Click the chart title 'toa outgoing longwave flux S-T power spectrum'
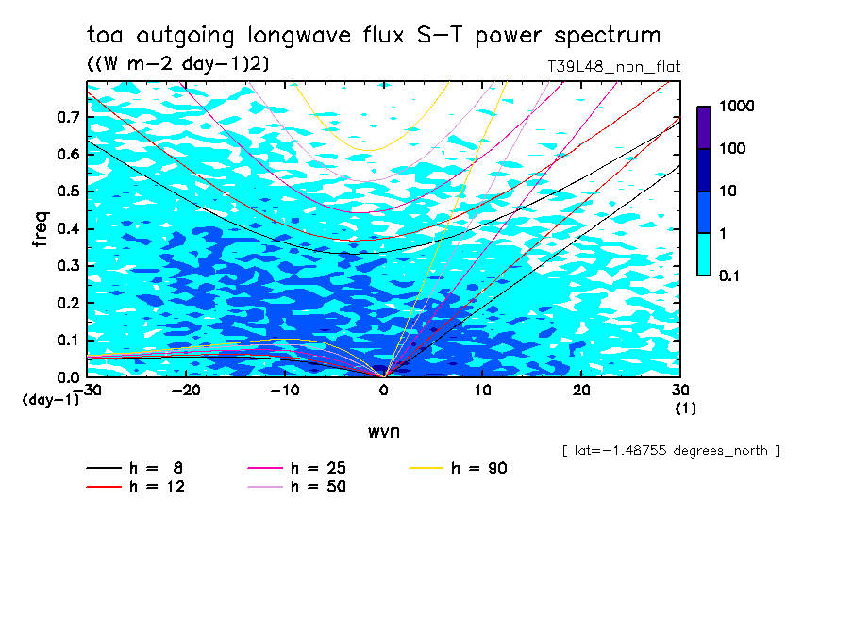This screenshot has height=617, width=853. pos(374,36)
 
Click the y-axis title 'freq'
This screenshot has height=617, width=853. pos(41,229)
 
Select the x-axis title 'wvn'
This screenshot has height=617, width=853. pos(382,431)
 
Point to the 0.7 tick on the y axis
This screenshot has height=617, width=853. pos(69,118)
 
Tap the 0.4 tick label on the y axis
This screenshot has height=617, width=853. pos(69,229)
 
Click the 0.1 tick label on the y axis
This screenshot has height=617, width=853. pos(69,341)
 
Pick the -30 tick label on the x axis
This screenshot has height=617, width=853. pos(88,390)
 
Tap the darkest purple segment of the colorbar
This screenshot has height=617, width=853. pos(704,127)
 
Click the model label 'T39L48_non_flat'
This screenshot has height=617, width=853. pos(613,67)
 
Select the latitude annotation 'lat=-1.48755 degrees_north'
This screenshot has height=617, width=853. pos(671,451)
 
